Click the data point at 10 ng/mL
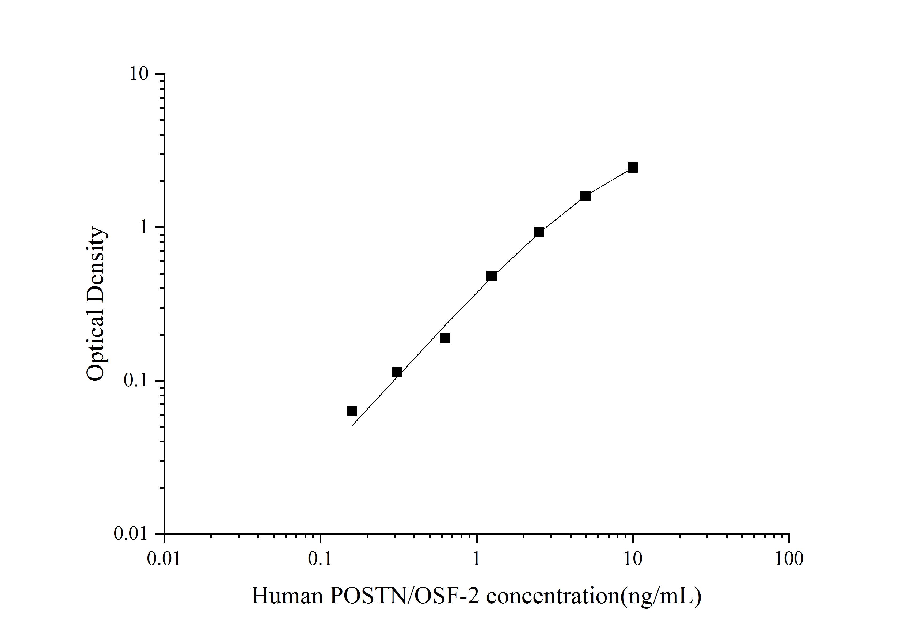point(632,168)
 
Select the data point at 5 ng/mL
point(585,196)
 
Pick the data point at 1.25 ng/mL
point(492,276)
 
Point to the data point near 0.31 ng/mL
point(397,372)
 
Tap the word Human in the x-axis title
point(287,596)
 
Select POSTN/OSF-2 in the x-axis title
point(405,596)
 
